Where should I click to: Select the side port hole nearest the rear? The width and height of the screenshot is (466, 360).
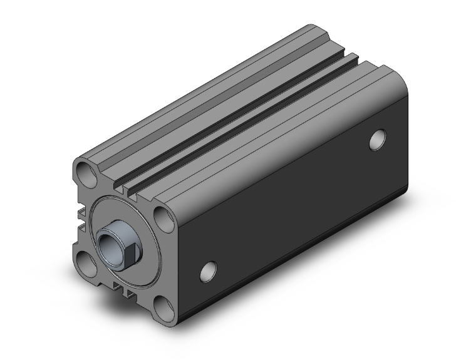click(x=378, y=140)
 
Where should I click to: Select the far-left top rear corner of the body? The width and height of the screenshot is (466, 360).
click(x=311, y=28)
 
